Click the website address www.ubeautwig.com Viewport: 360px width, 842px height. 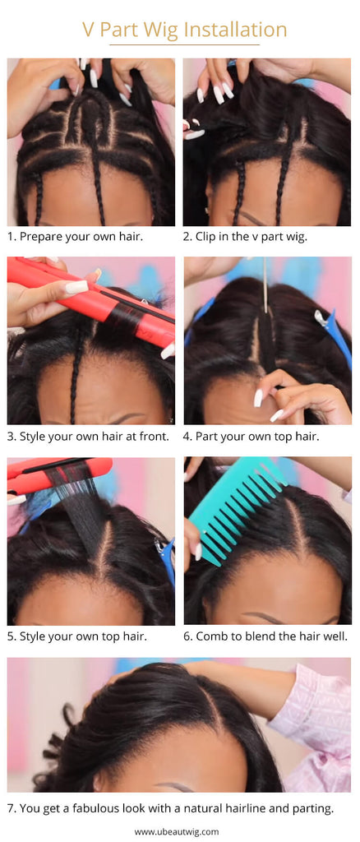[177, 832]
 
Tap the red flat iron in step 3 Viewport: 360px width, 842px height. [91, 303]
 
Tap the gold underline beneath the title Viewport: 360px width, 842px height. [185, 44]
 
